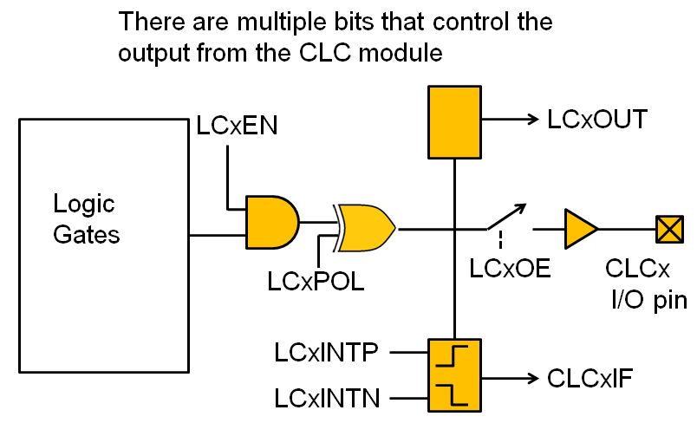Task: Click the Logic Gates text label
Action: click(86, 219)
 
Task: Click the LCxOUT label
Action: click(597, 120)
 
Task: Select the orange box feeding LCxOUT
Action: click(453, 121)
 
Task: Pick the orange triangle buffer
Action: click(579, 229)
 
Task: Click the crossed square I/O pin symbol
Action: click(668, 229)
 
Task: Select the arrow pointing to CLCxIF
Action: click(512, 378)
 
